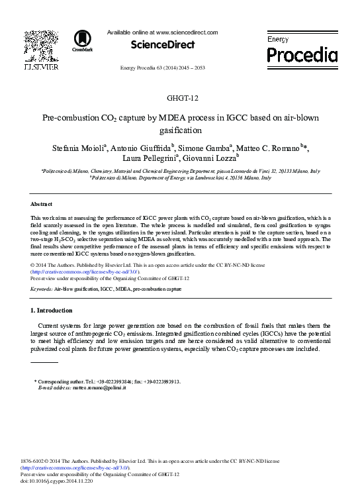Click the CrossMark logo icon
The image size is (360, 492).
83,40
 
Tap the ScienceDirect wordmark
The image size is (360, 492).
162,44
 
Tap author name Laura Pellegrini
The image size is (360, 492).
149,158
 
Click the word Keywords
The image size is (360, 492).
42,289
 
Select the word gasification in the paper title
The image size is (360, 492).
180,130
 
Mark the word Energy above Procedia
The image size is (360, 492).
278,40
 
